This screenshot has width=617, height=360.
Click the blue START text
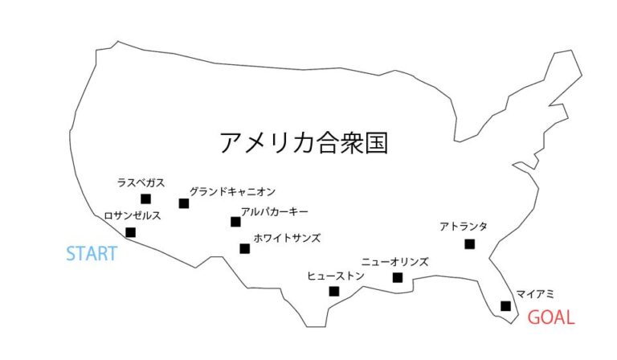click(92, 253)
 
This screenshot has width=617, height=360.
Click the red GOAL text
click(551, 317)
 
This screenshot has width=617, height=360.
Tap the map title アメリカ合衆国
click(304, 142)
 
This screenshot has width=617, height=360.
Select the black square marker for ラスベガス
click(145, 199)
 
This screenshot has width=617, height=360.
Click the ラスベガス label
click(141, 182)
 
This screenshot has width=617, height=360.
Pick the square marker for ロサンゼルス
click(131, 232)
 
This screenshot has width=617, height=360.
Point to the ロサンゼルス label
click(133, 215)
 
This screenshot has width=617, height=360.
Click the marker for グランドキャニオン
click(184, 203)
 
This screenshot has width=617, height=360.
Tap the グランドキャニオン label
click(232, 192)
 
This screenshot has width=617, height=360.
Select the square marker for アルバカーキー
click(235, 222)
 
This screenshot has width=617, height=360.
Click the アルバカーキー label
click(275, 211)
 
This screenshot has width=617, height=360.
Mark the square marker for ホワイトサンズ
click(245, 248)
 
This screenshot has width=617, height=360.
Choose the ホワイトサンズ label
click(288, 238)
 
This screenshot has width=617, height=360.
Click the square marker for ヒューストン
click(334, 292)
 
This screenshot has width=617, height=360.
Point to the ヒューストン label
click(336, 276)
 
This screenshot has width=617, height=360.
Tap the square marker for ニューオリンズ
click(398, 278)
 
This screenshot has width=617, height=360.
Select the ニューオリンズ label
click(394, 262)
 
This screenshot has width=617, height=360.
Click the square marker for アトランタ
click(469, 244)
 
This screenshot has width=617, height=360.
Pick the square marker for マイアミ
click(505, 306)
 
